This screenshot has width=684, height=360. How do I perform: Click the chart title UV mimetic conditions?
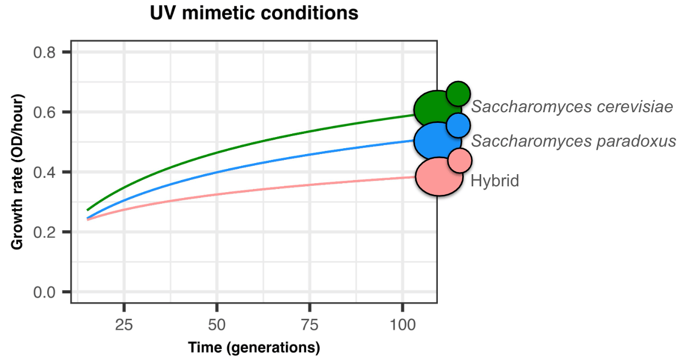[254, 13]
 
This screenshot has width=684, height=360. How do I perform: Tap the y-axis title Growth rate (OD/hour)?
[17, 172]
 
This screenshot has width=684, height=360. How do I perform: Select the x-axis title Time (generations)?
[254, 348]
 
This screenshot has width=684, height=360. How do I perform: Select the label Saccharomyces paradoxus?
[574, 141]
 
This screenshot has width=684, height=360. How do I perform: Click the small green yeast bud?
[458, 94]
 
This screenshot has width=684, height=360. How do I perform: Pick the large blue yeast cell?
[436, 141]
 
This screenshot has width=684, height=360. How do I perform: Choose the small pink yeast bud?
[460, 160]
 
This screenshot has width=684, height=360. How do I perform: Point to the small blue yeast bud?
[458, 125]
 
